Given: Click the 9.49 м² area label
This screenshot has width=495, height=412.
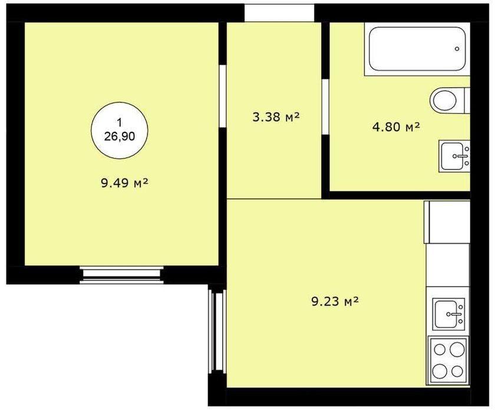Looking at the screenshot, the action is click(x=125, y=183).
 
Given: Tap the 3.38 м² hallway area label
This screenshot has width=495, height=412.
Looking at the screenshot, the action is click(x=276, y=117).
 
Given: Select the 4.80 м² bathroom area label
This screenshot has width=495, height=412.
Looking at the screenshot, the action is click(x=396, y=127).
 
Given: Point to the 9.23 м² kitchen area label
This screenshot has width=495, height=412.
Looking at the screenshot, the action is click(x=335, y=302).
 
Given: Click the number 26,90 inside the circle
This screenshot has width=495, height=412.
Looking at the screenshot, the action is click(x=120, y=136).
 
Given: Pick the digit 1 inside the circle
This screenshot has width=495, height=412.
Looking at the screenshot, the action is click(x=119, y=122).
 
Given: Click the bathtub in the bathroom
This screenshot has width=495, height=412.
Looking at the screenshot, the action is click(x=417, y=49).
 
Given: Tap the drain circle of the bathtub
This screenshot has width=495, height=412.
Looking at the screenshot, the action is click(x=457, y=49).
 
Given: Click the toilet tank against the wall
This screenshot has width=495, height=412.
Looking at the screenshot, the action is click(x=467, y=100).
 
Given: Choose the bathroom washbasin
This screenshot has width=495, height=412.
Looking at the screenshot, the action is click(x=454, y=157).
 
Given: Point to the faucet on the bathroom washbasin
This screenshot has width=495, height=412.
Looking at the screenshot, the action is click(x=461, y=156).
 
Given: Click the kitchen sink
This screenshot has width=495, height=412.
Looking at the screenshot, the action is click(x=448, y=314).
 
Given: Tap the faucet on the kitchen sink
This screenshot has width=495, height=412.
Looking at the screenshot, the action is click(x=454, y=314).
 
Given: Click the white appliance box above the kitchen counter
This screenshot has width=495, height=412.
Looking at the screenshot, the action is click(x=447, y=222).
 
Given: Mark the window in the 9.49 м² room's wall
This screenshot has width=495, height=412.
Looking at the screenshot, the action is click(x=121, y=275).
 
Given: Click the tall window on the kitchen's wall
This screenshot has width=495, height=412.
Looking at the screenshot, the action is click(x=217, y=331).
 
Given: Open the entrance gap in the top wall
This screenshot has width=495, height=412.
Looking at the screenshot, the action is click(x=279, y=13).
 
